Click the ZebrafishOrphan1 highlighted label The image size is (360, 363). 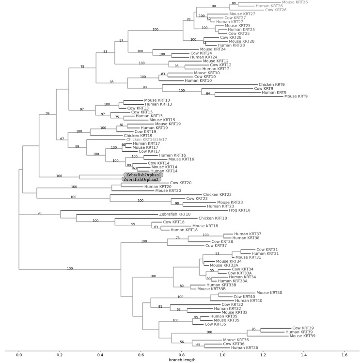[x=143, y=175]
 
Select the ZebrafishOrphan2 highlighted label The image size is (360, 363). [x=143, y=179]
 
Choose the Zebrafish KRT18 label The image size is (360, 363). [x=175, y=214]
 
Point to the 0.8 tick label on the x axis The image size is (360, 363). [x=182, y=355]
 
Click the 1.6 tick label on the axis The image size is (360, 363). [x=344, y=355]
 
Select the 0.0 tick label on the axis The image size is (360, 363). [x=19, y=355]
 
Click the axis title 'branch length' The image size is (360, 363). [x=182, y=361]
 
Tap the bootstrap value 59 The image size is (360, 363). [x=47, y=113]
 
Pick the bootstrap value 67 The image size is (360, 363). [x=62, y=139]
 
